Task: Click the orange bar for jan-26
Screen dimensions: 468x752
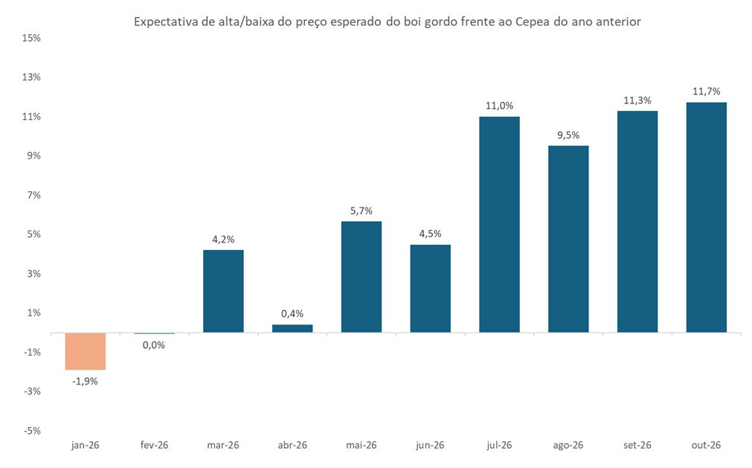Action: pyautogui.click(x=85, y=350)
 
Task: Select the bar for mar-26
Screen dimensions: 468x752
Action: pyautogui.click(x=223, y=291)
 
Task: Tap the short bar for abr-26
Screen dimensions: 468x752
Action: pyautogui.click(x=292, y=328)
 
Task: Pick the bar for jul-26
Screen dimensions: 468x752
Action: pyautogui.click(x=499, y=224)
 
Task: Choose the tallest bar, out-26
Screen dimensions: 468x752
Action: pyautogui.click(x=706, y=217)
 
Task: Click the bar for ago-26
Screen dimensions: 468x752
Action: pyautogui.click(x=568, y=239)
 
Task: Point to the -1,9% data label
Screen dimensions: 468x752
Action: pyautogui.click(x=85, y=381)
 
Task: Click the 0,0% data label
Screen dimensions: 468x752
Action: pyautogui.click(x=153, y=344)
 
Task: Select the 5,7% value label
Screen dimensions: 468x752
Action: pyautogui.click(x=361, y=211)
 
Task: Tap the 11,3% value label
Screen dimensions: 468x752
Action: pyautogui.click(x=637, y=100)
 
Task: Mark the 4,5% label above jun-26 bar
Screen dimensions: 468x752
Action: pyautogui.click(x=430, y=234)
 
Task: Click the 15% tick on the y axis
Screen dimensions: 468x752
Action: pyautogui.click(x=31, y=38)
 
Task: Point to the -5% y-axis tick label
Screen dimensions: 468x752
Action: pyautogui.click(x=31, y=430)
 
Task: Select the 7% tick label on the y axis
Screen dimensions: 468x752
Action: pyautogui.click(x=33, y=195)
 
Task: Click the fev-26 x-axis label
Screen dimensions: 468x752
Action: pyautogui.click(x=154, y=445)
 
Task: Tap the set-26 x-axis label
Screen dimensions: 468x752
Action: pyautogui.click(x=637, y=445)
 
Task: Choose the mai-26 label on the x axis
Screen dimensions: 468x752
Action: pyautogui.click(x=361, y=445)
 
